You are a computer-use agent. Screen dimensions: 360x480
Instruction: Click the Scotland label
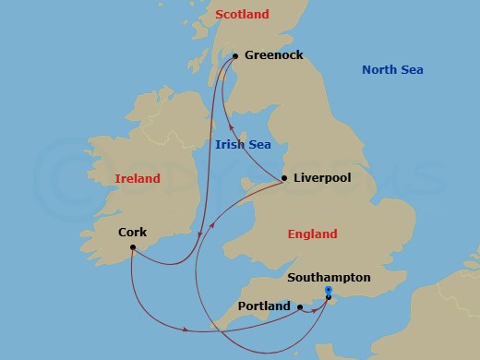coord(242,15)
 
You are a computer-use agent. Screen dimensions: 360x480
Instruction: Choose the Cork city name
coord(133,233)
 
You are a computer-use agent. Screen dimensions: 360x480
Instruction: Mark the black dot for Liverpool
coord(284,178)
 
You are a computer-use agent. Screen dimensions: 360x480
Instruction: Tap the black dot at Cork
coord(133,247)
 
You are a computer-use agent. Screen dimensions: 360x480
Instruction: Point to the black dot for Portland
coord(300,306)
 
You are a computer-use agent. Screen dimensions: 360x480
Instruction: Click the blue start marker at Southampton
coord(330,290)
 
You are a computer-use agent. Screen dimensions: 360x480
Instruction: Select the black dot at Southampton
coord(329,297)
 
